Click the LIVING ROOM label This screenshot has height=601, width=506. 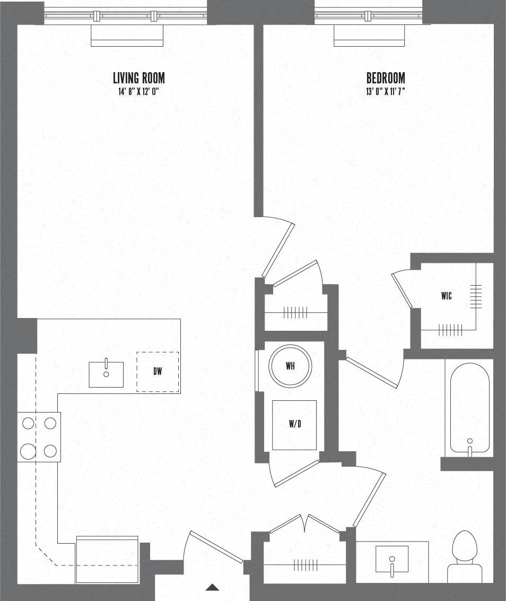pos(139,78)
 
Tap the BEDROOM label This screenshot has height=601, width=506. pos(386,78)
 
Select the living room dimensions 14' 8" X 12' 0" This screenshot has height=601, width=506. pos(139,92)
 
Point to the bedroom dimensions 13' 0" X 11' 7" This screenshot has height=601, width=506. pos(386,92)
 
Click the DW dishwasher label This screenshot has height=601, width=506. pos(158,372)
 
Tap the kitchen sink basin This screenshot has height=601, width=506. pos(106,374)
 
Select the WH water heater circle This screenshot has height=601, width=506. pos(290,366)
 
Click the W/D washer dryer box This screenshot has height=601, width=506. pos(294,425)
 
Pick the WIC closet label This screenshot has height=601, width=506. pos(447,296)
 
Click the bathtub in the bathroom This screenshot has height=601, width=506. pos(469,409)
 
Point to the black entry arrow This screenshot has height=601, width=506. pos(212,587)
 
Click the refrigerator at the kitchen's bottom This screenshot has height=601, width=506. pos(107,560)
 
